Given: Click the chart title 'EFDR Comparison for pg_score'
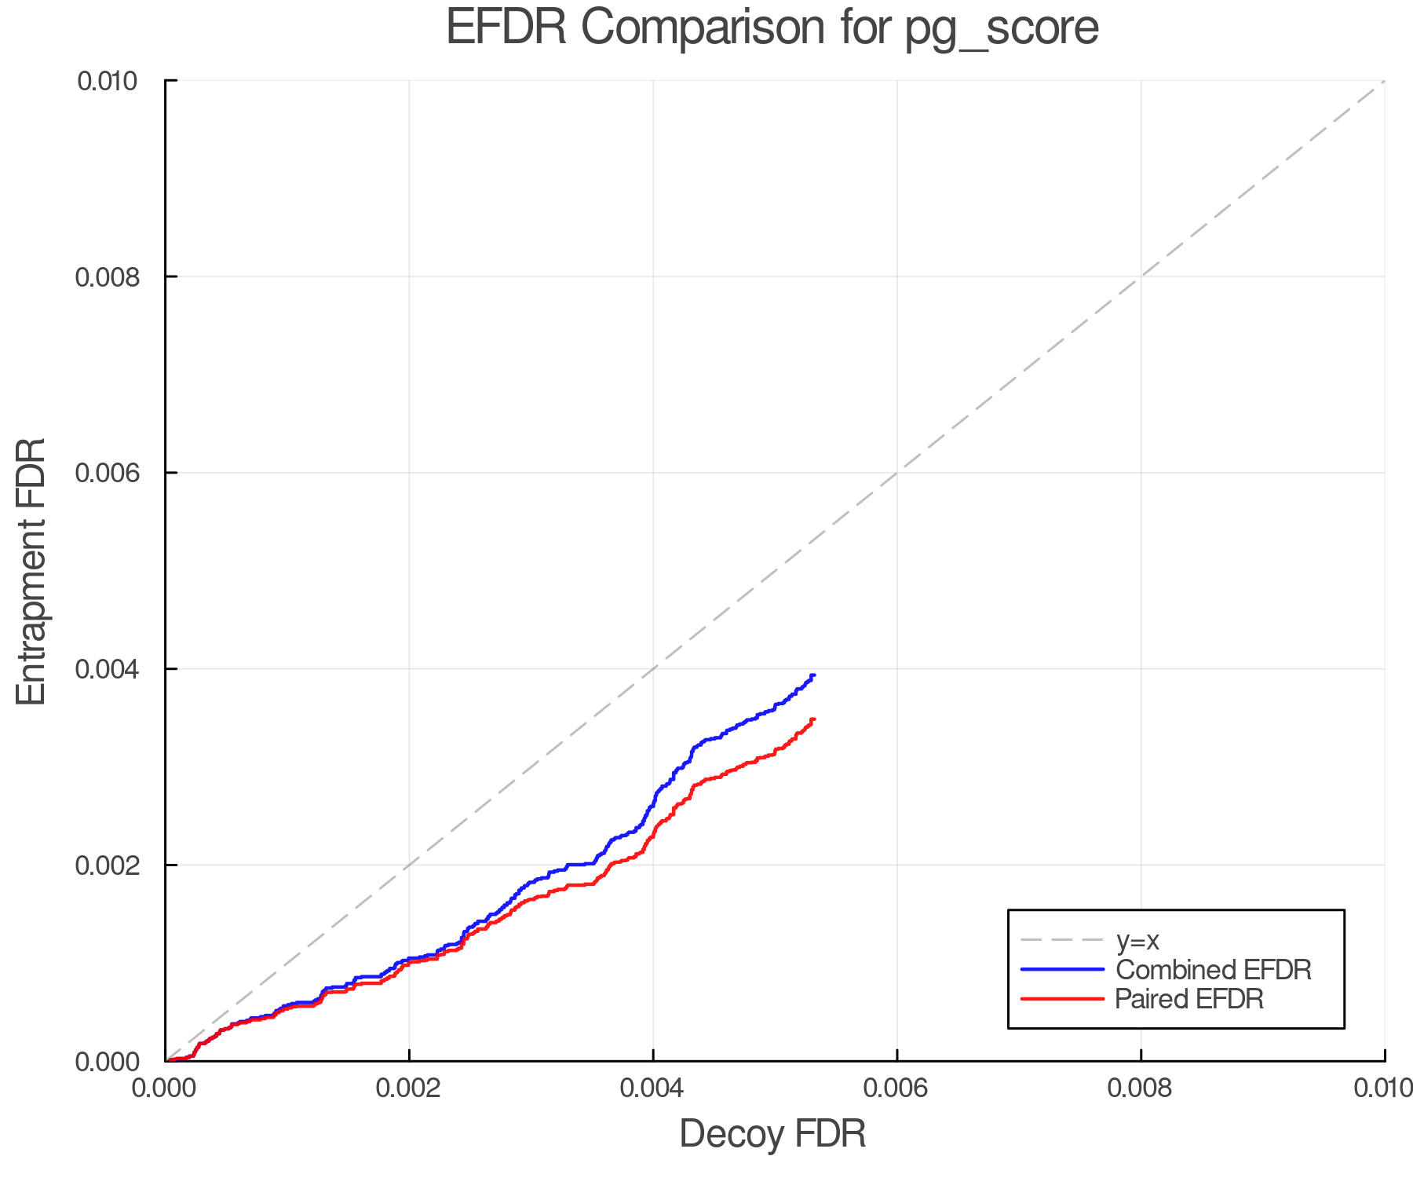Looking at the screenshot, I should (772, 28).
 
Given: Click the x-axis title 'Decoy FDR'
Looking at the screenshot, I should (772, 1134).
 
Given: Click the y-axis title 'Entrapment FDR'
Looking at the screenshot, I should (31, 571).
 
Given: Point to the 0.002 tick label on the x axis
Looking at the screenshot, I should (409, 1088).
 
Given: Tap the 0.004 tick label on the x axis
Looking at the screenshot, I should (653, 1088).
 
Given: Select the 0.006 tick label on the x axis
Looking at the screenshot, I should (896, 1088).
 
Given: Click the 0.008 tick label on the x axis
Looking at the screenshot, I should (1141, 1088).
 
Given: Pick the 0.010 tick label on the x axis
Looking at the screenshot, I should (1383, 1088).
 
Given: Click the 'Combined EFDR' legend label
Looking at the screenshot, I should (1214, 970).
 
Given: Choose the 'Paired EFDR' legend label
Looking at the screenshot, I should (1189, 999).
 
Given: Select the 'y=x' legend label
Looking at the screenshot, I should (1137, 941).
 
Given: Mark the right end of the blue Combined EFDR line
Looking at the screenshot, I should (814, 675).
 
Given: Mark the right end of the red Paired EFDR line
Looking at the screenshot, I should (814, 719).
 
